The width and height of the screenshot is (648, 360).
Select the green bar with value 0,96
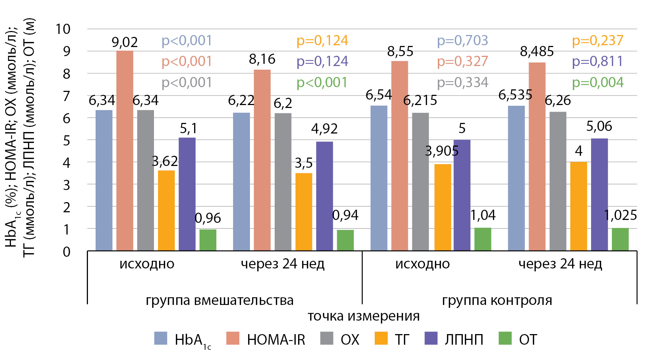coord(208,240)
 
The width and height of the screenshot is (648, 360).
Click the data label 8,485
coord(537,52)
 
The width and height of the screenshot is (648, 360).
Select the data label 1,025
coord(620,215)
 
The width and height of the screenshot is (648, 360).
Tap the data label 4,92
coord(324,129)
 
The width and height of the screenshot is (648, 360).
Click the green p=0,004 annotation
coord(598,82)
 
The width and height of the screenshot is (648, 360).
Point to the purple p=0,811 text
coord(598,61)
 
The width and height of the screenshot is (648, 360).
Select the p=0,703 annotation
coord(462,40)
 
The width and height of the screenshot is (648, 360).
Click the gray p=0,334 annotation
coord(462,82)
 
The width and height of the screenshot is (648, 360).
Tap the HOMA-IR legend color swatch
coord(233,338)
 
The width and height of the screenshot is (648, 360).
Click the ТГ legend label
coord(402,340)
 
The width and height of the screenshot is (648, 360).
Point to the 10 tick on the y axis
coord(63,29)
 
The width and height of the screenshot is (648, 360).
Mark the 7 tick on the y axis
coord(66,96)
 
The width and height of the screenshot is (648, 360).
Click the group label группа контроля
coord(497,301)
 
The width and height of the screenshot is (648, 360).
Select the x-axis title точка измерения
coord(363,316)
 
